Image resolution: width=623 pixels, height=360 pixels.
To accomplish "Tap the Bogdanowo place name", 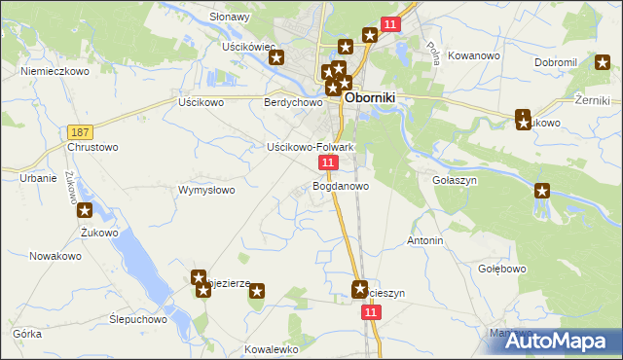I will coord(341,186).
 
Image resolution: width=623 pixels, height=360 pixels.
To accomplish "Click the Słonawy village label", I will coord(231,17).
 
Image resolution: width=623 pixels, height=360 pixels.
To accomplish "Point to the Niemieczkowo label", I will coord(55,71).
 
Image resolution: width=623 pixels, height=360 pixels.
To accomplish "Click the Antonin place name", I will coord(425,240).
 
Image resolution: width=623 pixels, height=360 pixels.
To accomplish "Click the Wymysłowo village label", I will coord(206,190).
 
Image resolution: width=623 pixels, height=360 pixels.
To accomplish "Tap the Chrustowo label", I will coord(92,148).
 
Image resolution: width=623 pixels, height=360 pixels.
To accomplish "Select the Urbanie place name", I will coord(38,178).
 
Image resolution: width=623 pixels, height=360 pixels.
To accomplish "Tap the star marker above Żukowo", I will coord(85,210).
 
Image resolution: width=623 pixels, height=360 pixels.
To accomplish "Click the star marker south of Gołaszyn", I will coord(542,192).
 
